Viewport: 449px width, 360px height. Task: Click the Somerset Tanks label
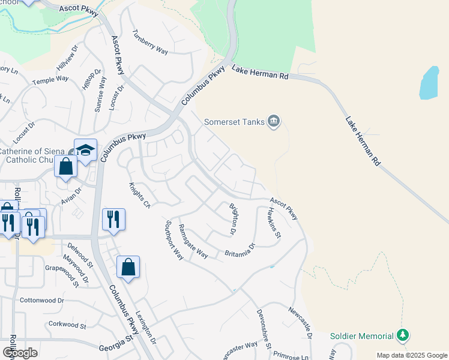234,122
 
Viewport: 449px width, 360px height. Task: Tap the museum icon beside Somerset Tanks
274,122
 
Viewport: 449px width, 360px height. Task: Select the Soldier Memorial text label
363,336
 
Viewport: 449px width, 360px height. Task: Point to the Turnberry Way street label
150,42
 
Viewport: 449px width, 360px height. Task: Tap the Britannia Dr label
240,250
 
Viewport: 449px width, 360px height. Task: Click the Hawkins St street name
274,221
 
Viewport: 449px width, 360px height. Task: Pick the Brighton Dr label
234,218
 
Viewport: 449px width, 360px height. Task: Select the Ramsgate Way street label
193,242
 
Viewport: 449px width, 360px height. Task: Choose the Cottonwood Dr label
41,300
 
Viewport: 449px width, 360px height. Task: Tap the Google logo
20,352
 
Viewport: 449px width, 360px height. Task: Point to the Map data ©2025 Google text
412,355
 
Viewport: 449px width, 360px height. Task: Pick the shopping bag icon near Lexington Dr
128,268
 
